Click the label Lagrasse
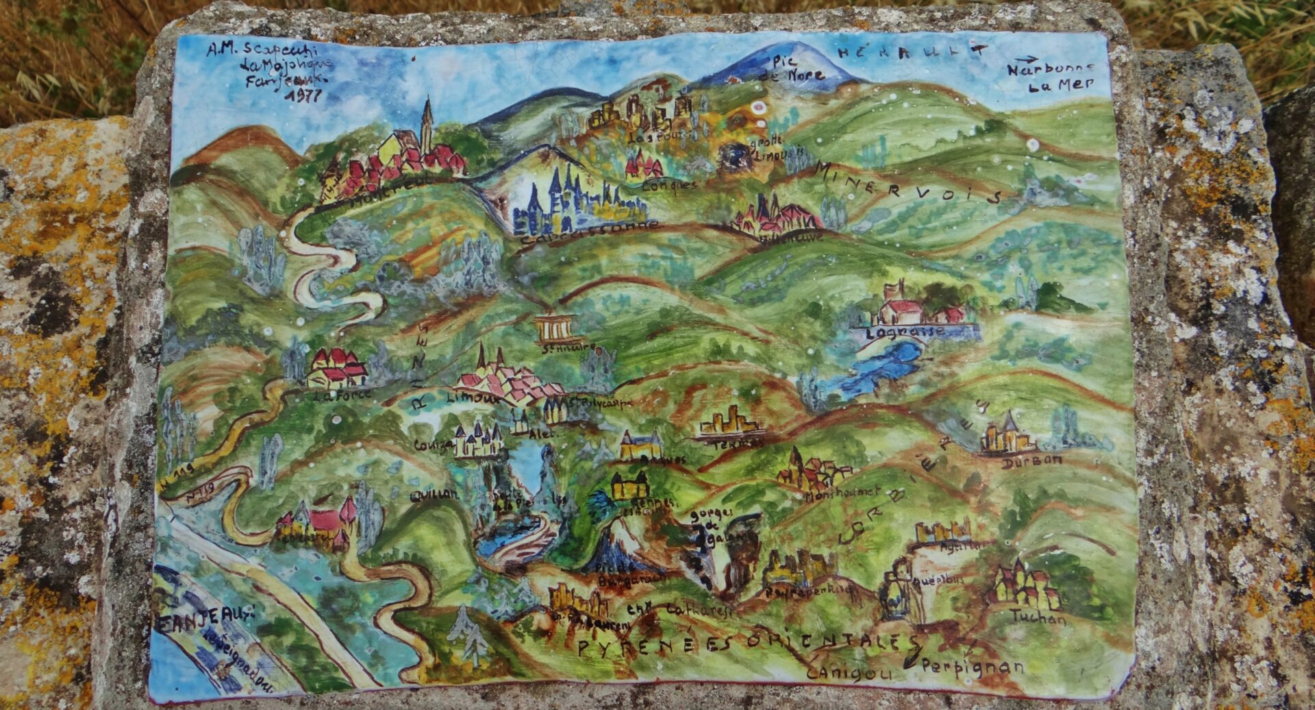pyautogui.click(x=905, y=334)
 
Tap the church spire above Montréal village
pyautogui.click(x=427, y=120)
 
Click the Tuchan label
pyautogui.click(x=1039, y=617)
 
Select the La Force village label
pyautogui.click(x=343, y=395)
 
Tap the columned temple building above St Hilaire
pyautogui.click(x=556, y=330)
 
